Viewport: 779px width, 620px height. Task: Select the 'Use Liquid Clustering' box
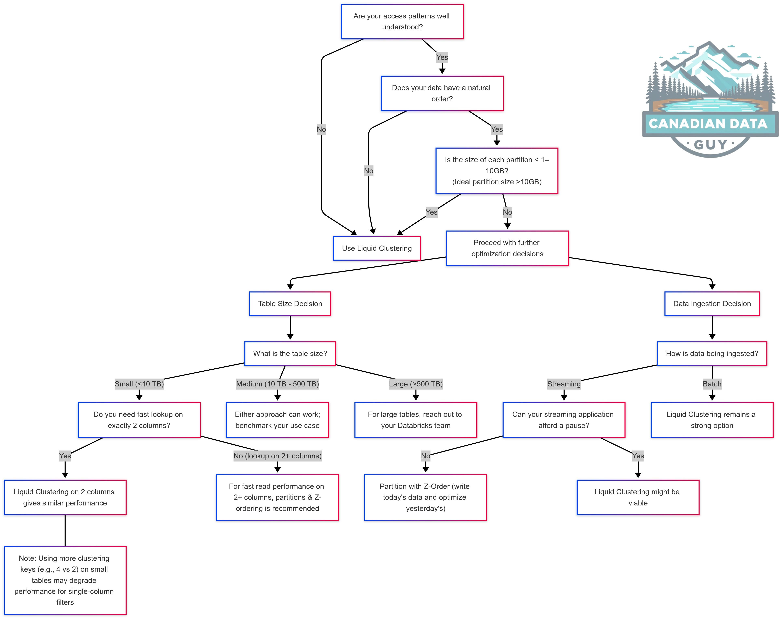click(377, 248)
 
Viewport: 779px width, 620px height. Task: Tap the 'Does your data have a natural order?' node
click(442, 93)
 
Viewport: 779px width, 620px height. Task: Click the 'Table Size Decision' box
click(290, 304)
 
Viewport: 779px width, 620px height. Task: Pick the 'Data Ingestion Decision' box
click(712, 304)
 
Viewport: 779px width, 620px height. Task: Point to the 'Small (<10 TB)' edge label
click(139, 384)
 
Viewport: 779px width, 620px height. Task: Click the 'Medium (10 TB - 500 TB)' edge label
click(278, 384)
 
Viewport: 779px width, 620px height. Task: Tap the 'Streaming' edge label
click(564, 384)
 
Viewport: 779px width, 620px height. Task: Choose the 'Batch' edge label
click(712, 384)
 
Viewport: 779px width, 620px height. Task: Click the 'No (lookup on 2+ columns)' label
click(278, 456)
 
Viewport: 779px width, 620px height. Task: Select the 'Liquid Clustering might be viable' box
click(638, 497)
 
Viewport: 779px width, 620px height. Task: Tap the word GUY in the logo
click(710, 145)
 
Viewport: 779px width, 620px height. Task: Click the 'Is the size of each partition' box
click(497, 171)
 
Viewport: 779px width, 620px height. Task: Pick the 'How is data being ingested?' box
click(712, 354)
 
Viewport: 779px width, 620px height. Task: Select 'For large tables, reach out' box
click(415, 420)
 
